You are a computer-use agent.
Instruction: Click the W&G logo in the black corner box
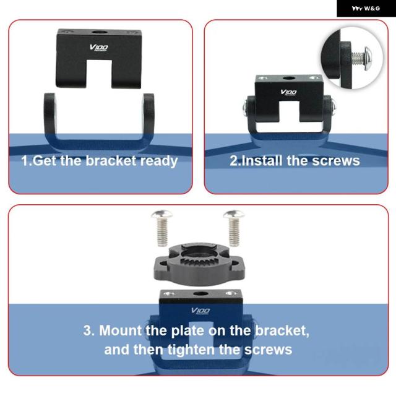(x=366, y=8)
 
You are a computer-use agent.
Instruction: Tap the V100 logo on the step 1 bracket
(x=99, y=48)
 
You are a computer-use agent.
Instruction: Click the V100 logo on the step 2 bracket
(x=288, y=92)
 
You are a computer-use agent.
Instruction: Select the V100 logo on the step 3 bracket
(x=200, y=311)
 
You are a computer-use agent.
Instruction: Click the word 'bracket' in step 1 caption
(x=111, y=161)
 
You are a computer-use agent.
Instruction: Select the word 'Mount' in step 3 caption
(x=120, y=330)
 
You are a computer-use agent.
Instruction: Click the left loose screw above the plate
(x=162, y=228)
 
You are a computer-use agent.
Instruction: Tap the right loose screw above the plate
(x=234, y=228)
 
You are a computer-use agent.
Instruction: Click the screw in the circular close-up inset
(x=361, y=58)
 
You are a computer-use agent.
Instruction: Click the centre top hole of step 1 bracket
(x=99, y=32)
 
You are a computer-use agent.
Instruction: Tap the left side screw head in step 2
(x=245, y=108)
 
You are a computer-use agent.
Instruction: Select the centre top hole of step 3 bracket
(x=200, y=294)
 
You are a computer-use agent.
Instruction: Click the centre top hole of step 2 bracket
(x=289, y=78)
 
